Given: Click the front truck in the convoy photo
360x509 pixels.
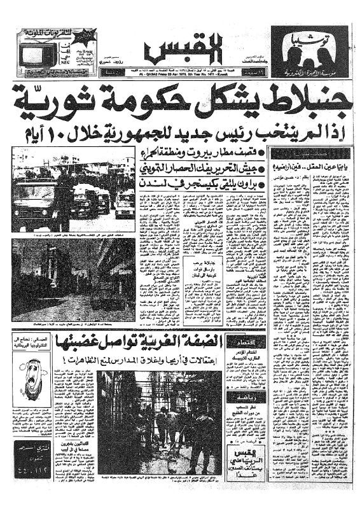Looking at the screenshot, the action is coord(39,188).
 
